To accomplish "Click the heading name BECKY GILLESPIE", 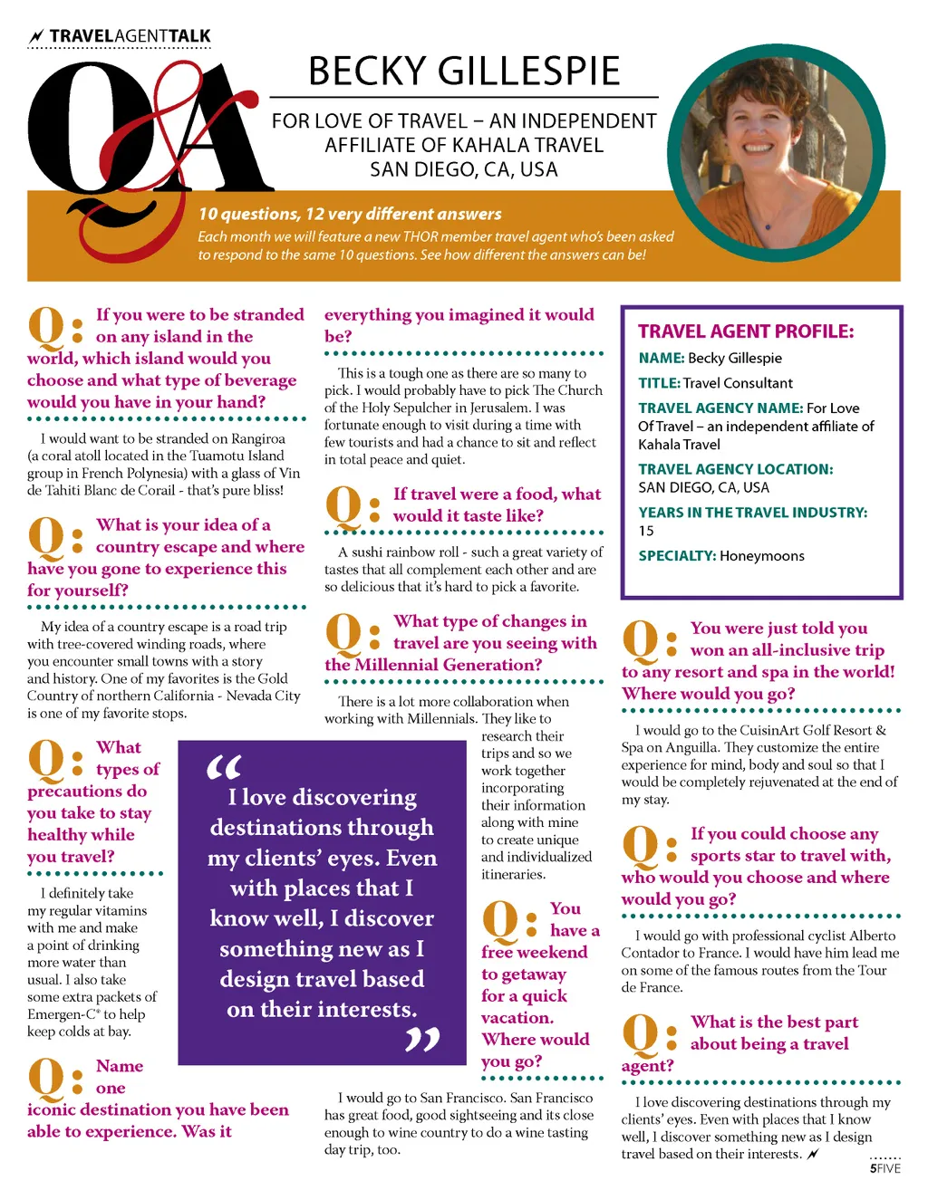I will point(464,72).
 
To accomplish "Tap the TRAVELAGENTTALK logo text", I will point(130,36).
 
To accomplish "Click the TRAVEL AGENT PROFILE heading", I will point(746,331).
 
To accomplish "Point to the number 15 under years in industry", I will point(646,531).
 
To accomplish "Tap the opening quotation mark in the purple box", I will point(224,768).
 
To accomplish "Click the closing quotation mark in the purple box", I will point(422,1040).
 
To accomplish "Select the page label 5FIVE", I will point(885,1168).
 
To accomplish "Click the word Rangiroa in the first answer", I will point(258,438).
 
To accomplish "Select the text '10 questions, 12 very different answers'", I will point(350,214).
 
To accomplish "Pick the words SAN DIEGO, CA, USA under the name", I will point(463,169).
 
